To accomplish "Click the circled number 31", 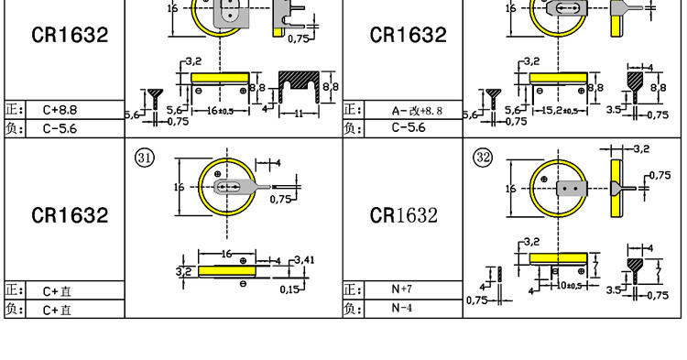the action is pos(145,158).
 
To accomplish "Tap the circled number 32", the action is pos(484,158).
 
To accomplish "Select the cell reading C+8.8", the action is pos(60,110).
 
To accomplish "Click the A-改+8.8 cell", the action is pos(417,111).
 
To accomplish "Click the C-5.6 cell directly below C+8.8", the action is pos(60,128).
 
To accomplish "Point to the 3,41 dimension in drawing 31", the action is pos(304,260).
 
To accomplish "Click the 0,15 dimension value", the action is pos(289,289).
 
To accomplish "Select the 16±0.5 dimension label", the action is pos(221,111).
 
